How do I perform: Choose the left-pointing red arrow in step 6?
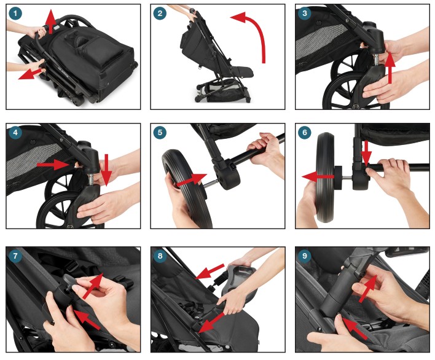click(x=319, y=177)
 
